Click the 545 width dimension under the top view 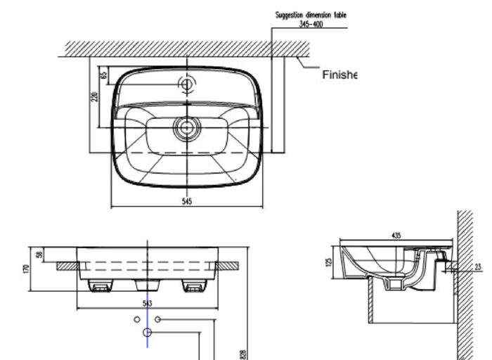tap(187, 201)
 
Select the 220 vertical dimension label tap(95, 96)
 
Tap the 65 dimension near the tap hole tap(103, 74)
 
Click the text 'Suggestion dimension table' tap(310, 15)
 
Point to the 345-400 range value tap(310, 23)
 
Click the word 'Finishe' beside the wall tap(339, 75)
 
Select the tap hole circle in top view tap(187, 84)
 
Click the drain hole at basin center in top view tap(187, 127)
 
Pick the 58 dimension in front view tap(40, 255)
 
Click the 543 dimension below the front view tap(148, 302)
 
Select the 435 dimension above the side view tap(396, 236)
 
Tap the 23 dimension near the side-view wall tap(478, 266)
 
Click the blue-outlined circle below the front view tap(148, 332)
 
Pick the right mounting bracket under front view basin tap(193, 285)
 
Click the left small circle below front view tap(137, 319)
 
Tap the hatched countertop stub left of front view tap(66, 266)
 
